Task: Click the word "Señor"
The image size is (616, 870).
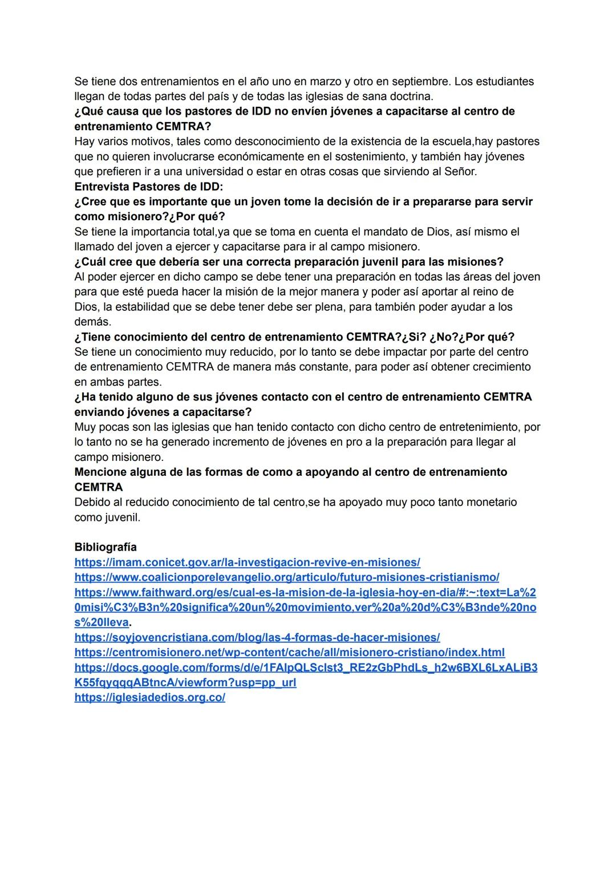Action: (460, 172)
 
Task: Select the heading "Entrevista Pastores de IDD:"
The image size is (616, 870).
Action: (149, 187)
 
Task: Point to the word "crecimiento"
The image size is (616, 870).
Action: (499, 367)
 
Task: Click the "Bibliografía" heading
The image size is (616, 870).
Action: (106, 547)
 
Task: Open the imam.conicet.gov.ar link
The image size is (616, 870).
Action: (247, 563)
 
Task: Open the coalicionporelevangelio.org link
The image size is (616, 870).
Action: (286, 577)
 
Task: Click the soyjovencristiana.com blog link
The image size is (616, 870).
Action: (257, 637)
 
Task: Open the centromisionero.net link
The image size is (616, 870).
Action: (289, 652)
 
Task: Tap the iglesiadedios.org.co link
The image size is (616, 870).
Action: (149, 697)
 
